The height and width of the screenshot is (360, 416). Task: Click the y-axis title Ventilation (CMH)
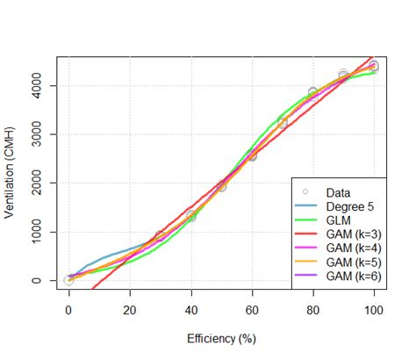pos(11,172)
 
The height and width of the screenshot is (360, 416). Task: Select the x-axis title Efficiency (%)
pos(221,337)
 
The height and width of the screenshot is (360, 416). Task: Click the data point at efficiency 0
pos(69,280)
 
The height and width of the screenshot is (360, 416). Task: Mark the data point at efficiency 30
pos(161,236)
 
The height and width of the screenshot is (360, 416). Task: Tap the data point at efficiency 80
pos(312,92)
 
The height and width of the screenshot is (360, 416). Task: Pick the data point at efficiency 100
pos(374,67)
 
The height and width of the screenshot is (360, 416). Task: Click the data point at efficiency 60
pos(252,155)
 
